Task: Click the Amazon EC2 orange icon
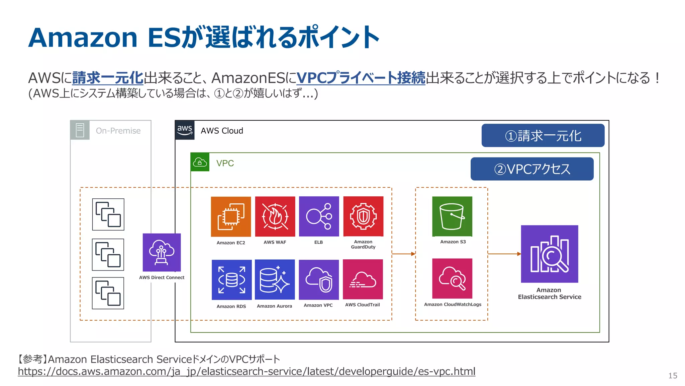(231, 216)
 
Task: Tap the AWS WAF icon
(275, 216)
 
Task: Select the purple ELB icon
(319, 216)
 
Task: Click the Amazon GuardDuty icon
(363, 216)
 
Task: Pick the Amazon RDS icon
(231, 280)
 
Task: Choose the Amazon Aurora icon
(275, 279)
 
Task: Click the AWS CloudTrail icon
(363, 279)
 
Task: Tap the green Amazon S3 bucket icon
(452, 216)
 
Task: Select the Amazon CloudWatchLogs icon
(452, 278)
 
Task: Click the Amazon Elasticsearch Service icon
(550, 254)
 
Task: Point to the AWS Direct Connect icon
(162, 252)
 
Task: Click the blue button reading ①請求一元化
(543, 136)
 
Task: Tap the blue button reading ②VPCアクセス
(532, 169)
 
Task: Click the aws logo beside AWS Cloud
(185, 130)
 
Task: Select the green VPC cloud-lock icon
(200, 162)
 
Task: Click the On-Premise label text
(118, 131)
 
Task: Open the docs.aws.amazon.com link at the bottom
(247, 371)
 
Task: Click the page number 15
(673, 376)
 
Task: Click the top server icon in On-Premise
(108, 214)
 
